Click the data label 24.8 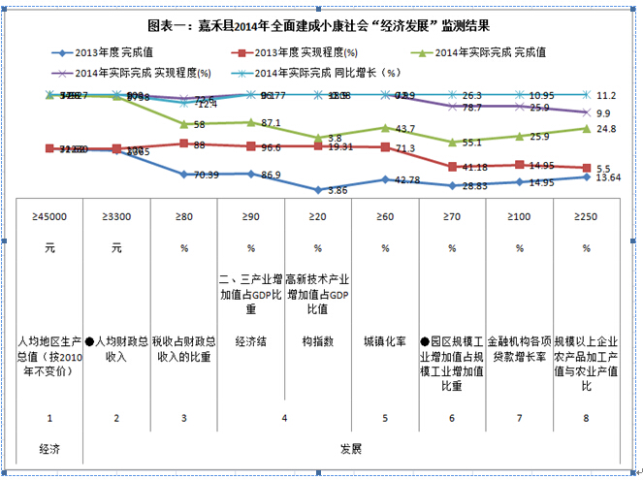(606, 128)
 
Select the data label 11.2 (607, 96)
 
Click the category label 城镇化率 (385, 341)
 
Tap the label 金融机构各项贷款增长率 (519, 349)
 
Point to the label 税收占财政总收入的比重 (183, 349)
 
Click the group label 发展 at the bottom (351, 449)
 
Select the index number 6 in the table (452, 418)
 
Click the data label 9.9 (602, 112)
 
